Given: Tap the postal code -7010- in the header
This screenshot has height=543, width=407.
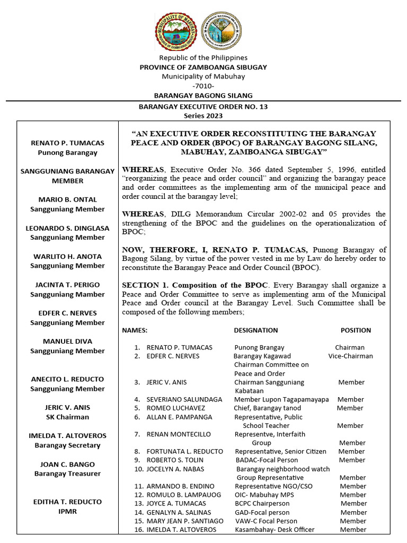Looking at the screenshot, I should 203,86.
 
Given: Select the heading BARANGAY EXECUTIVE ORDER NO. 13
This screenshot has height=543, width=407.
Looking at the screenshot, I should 203,107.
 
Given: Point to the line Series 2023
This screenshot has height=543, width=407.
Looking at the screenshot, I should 203,116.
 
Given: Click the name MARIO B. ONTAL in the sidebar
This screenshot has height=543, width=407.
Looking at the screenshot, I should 67,199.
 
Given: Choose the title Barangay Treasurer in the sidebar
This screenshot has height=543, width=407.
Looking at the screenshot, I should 67,474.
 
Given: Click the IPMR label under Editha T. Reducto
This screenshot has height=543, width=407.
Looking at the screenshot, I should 67,511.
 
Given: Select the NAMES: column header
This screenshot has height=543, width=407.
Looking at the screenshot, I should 135,330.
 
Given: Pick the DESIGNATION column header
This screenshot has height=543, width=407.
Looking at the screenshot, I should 255,330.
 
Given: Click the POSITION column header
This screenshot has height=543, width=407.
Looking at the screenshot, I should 356,330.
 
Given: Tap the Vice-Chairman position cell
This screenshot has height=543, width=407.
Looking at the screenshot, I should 350,356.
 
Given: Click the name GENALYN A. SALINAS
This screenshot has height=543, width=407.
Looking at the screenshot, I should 179,512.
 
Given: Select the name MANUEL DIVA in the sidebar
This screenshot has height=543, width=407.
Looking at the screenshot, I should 67,341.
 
